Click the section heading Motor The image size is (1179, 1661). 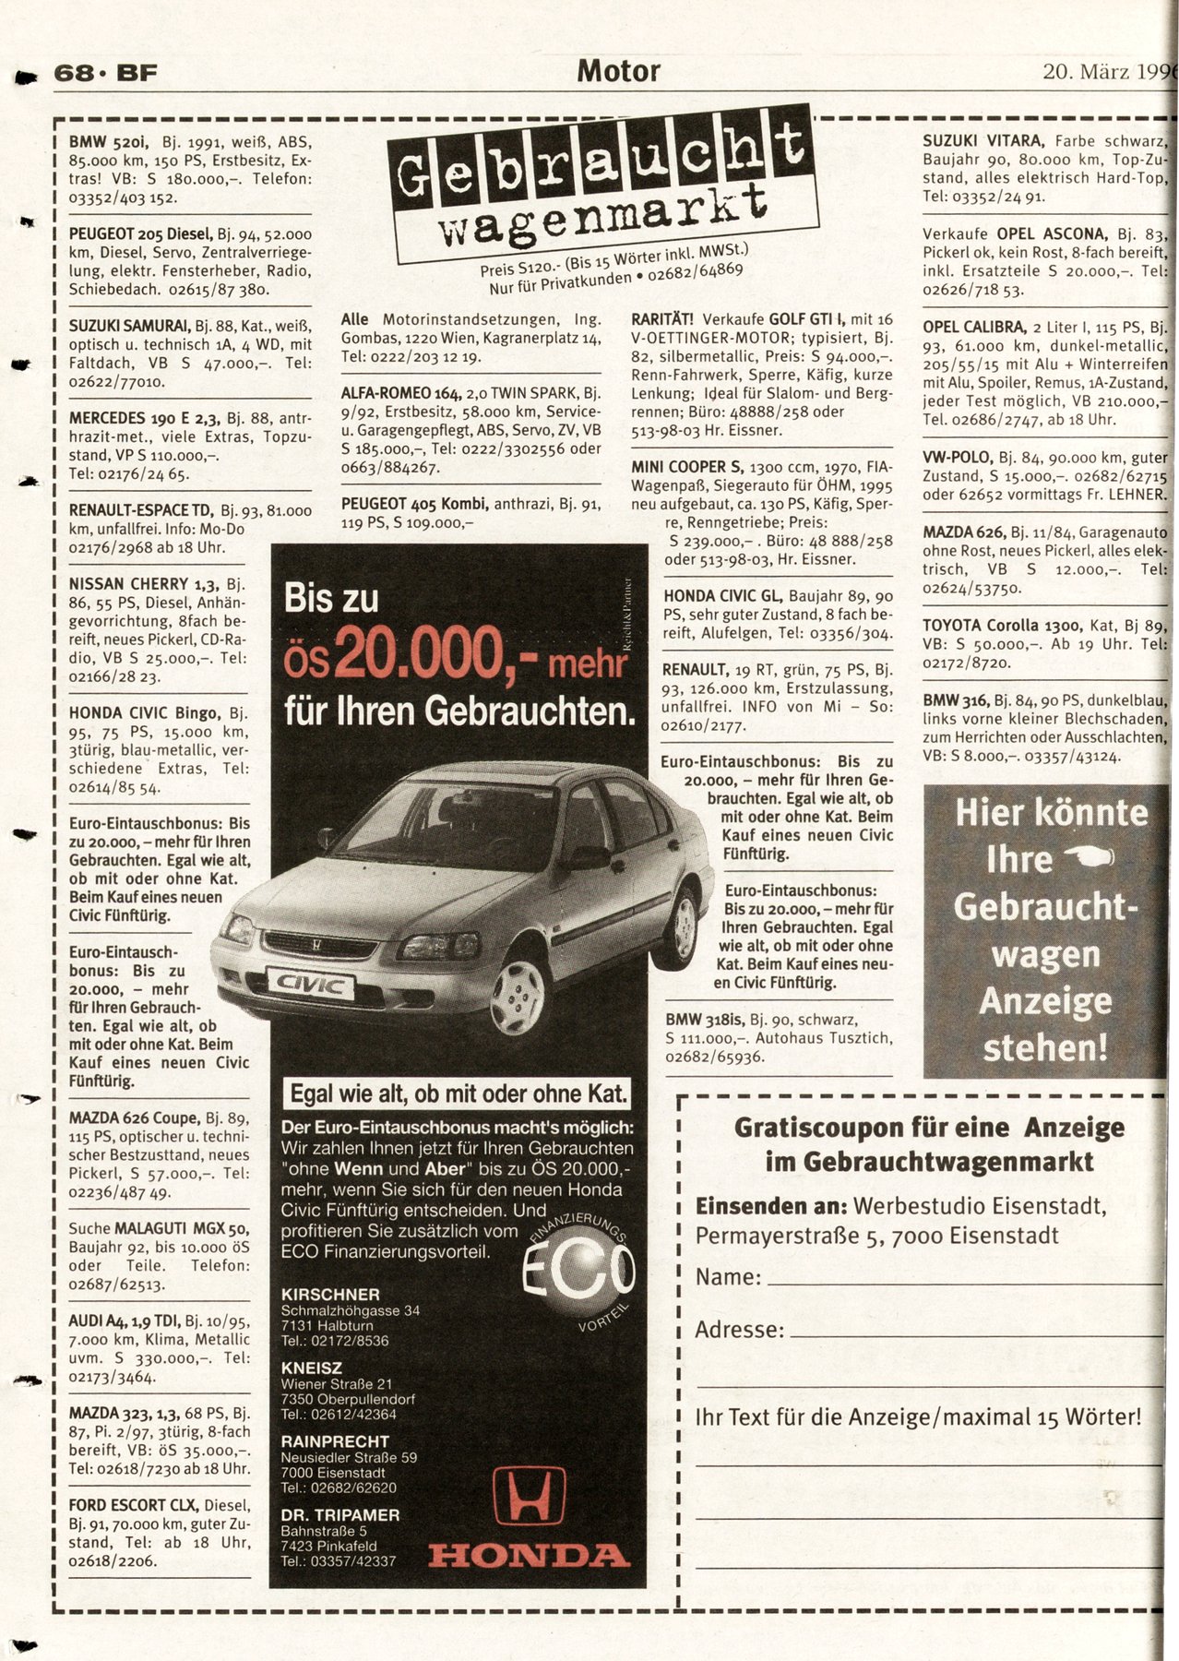coord(618,71)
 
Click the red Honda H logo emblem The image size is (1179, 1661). coord(530,1496)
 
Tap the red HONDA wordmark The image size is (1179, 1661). coord(529,1555)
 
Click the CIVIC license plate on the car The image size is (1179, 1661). coord(310,985)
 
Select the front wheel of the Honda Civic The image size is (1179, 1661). coord(518,996)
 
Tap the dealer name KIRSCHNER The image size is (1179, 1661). coord(330,1295)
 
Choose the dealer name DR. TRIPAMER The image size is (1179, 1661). coord(340,1515)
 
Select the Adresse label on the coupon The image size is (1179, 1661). coord(739,1330)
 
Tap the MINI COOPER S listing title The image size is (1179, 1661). coord(686,467)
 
